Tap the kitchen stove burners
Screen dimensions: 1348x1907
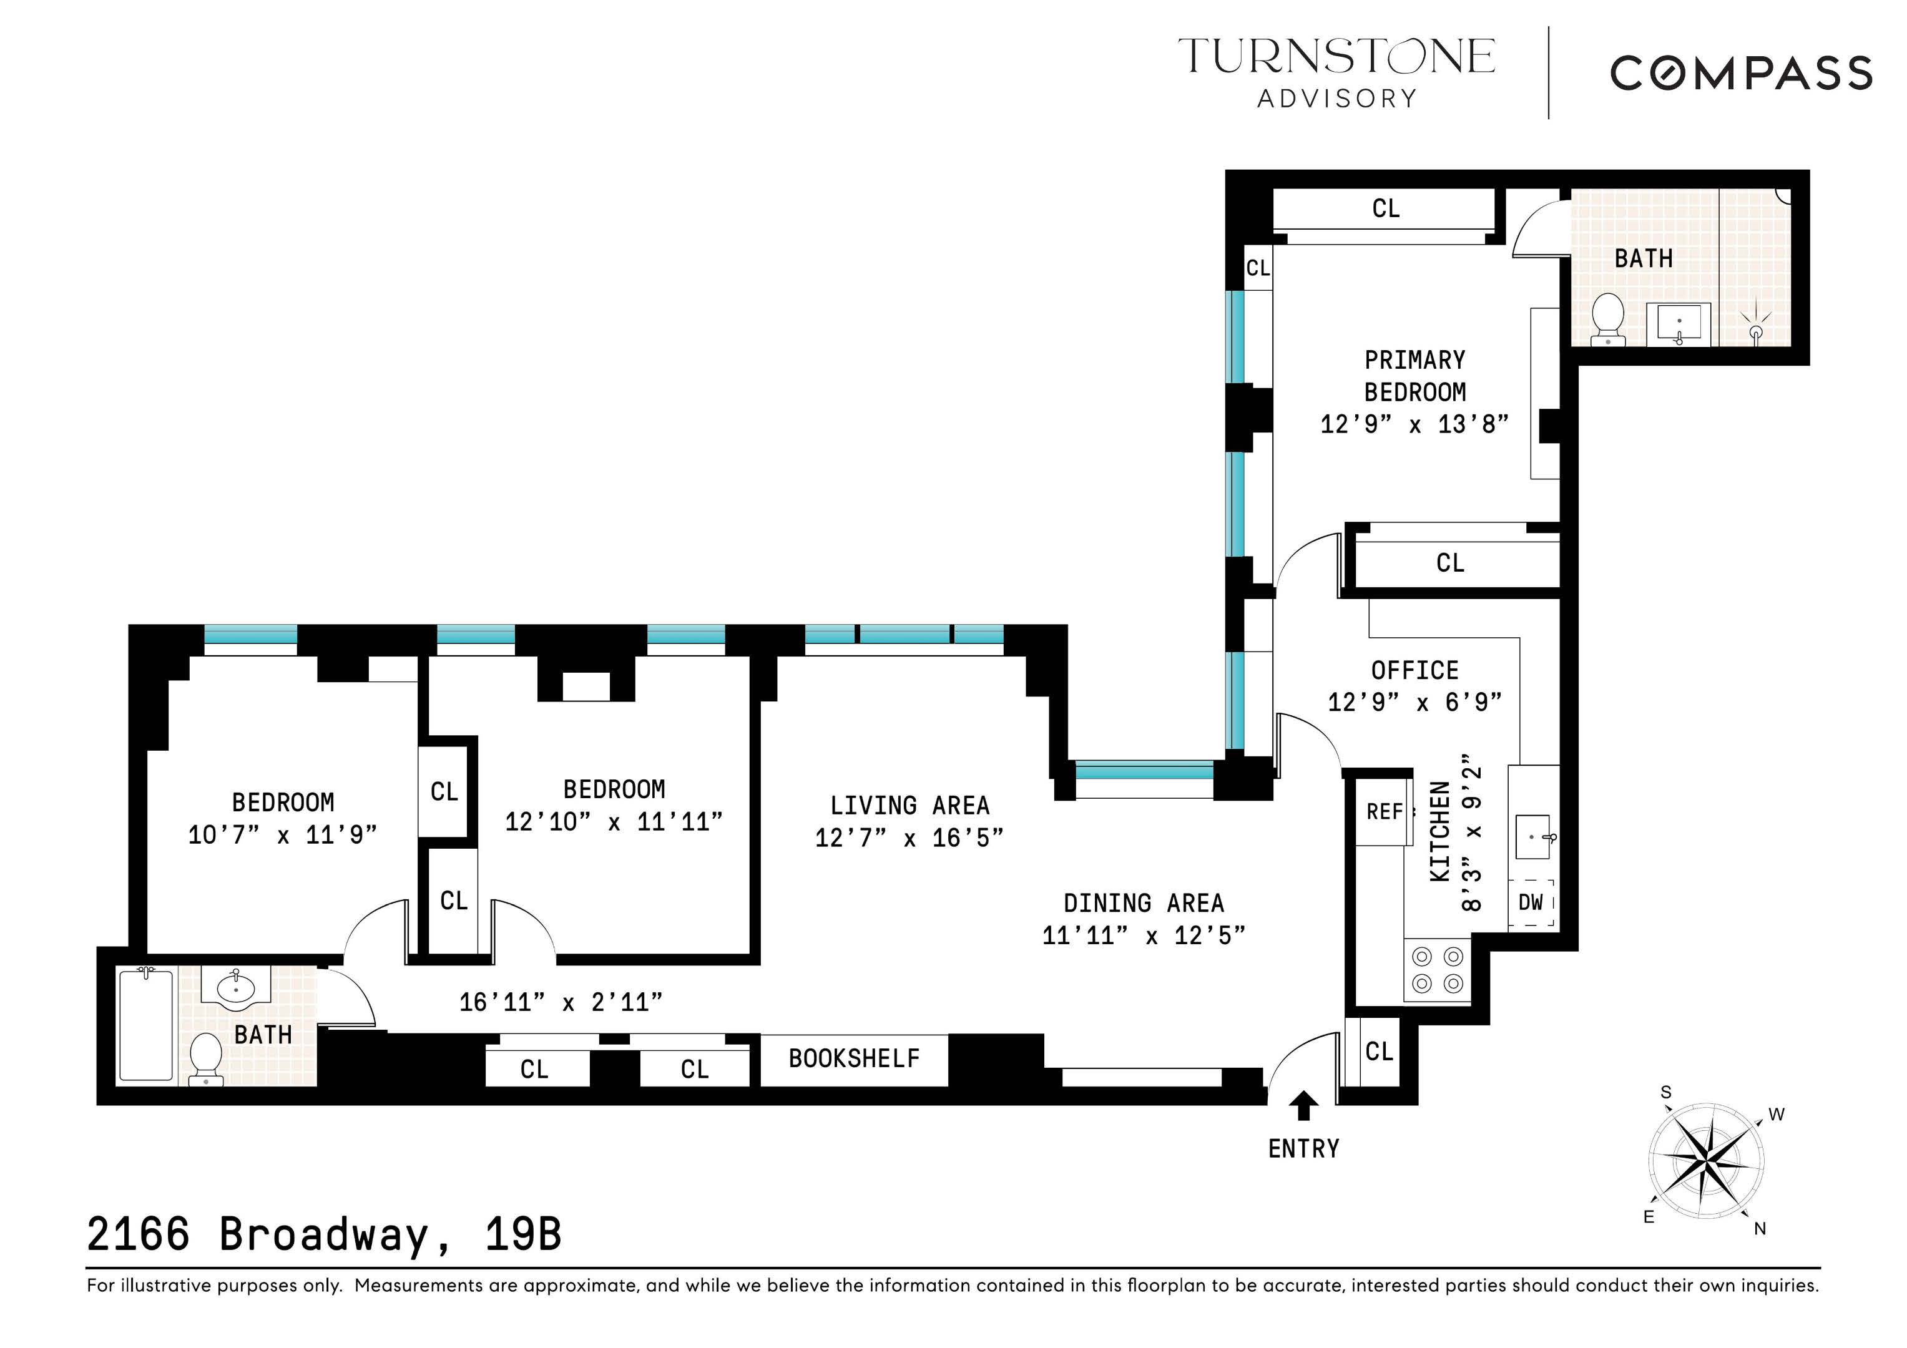tap(1438, 970)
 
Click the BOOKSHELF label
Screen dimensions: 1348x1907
tap(854, 1059)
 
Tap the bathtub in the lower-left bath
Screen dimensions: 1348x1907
tap(146, 1026)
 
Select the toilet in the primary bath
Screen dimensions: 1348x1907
tap(1608, 318)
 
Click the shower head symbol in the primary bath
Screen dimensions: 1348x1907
tap(1757, 328)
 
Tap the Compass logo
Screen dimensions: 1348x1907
tap(1742, 73)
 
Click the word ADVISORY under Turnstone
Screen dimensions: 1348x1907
tap(1336, 99)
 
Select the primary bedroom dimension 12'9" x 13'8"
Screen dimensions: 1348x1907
tap(1414, 424)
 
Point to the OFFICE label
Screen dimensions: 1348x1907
tap(1414, 670)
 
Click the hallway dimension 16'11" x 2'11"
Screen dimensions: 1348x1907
tap(561, 1002)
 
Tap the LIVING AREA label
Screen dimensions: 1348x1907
tap(909, 806)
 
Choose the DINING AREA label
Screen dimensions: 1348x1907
tap(1144, 904)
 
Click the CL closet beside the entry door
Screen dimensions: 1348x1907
tap(1379, 1052)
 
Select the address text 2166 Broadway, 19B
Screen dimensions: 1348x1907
tap(324, 1235)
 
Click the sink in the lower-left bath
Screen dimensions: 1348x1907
tap(236, 989)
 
